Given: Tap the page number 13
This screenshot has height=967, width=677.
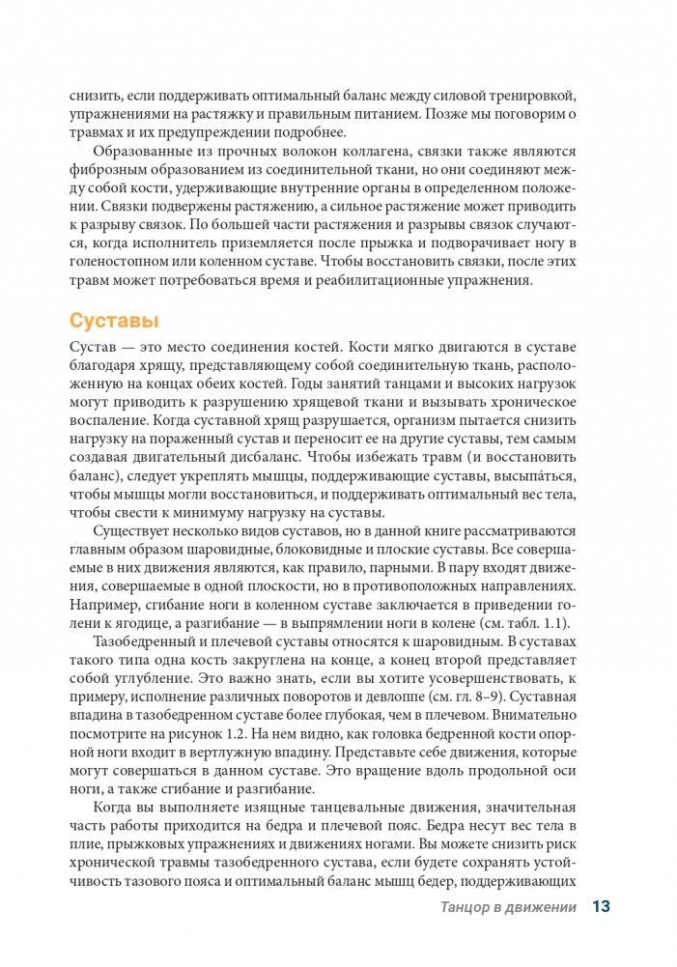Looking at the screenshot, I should point(601,906).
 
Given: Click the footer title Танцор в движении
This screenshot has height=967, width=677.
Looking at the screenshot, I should point(508,907).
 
